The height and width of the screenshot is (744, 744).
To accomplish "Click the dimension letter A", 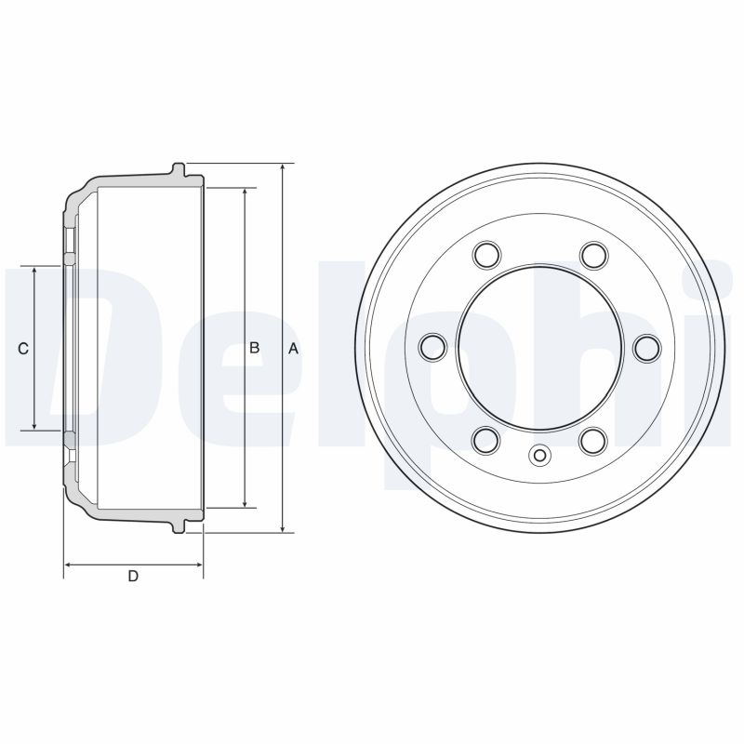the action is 293,348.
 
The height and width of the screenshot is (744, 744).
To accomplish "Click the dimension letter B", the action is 254,347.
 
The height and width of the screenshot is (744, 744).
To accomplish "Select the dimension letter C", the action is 22,349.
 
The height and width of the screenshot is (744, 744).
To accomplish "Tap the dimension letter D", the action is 133,576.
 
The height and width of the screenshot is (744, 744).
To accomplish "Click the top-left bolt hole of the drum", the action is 486,254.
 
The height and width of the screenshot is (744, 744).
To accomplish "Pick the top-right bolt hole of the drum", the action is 594,254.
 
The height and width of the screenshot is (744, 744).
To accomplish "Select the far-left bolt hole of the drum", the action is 433,346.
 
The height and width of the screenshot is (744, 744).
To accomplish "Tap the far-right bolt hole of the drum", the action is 647,347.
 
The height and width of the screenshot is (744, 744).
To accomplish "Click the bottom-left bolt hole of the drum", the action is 486,440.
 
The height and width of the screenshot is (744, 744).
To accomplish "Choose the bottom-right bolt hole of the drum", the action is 593,440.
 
